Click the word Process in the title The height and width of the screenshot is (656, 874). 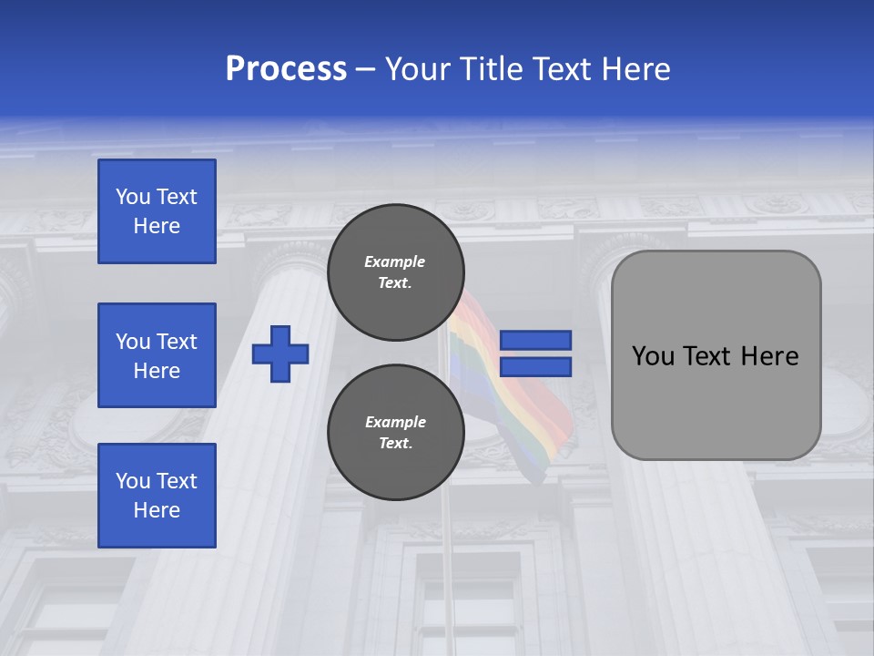(286, 69)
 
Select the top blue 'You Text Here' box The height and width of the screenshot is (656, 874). (157, 211)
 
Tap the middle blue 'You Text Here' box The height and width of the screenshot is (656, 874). (157, 355)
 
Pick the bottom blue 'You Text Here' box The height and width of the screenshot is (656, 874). (157, 496)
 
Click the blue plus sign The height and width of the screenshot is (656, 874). (280, 354)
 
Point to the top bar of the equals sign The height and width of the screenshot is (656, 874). (535, 340)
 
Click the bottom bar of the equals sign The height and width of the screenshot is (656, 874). (535, 367)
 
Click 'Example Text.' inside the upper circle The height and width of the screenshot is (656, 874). (395, 272)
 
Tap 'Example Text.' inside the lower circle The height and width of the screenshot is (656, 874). (395, 433)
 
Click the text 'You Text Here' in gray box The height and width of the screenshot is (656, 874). (716, 356)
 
